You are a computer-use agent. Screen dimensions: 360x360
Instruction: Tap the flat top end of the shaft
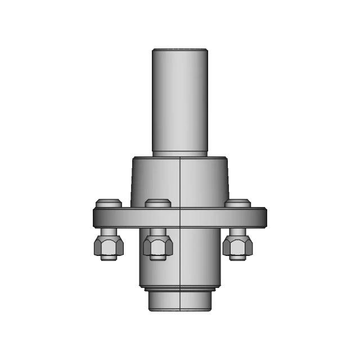[180, 49]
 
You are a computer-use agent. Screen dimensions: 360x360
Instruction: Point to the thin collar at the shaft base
[180, 154]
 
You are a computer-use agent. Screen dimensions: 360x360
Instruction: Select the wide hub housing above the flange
[157, 180]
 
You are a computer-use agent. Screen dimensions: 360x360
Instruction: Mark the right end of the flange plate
[263, 217]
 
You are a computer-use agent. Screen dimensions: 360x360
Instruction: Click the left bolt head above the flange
[108, 203]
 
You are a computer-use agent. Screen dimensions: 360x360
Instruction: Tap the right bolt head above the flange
[238, 203]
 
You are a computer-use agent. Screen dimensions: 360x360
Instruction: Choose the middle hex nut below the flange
[157, 244]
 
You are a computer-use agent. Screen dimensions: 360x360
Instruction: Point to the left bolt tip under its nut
[107, 257]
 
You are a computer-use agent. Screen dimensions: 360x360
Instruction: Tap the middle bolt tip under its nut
[157, 258]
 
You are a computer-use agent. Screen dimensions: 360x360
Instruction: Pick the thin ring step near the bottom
[180, 291]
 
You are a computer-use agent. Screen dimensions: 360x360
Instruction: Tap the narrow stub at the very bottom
[180, 302]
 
